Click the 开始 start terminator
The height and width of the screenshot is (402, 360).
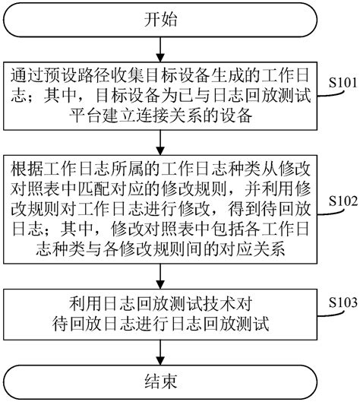pyautogui.click(x=158, y=21)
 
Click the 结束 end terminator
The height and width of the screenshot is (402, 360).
pyautogui.click(x=158, y=381)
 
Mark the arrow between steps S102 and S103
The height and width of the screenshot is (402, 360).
pyautogui.click(x=158, y=275)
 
